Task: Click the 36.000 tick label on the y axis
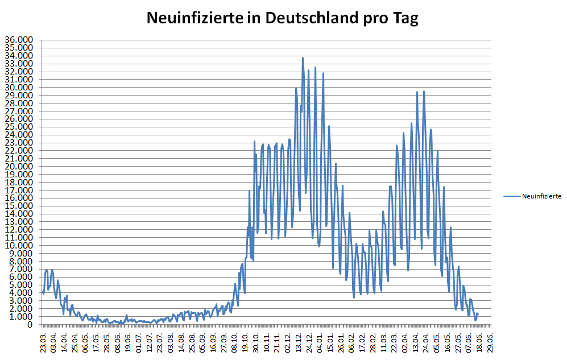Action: [x=19, y=40]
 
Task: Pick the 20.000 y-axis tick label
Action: [x=19, y=166]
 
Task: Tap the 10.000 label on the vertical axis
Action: [x=19, y=245]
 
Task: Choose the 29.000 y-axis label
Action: [x=19, y=95]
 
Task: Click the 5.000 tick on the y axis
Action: [x=21, y=285]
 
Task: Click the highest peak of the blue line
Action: [x=303, y=57]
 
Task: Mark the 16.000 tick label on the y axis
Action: [x=19, y=198]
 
